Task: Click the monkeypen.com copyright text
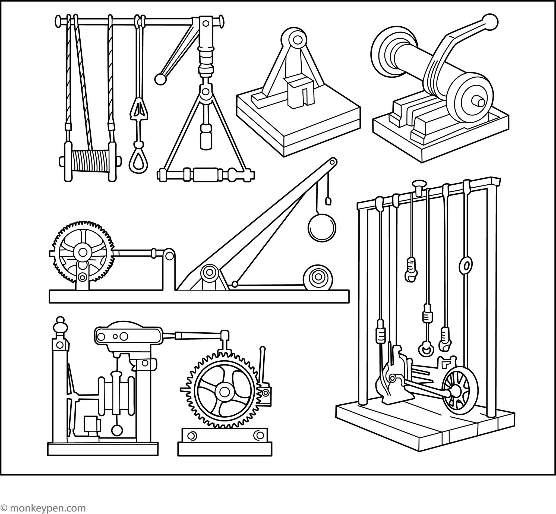pyautogui.click(x=43, y=508)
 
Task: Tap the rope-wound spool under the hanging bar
pyautogui.click(x=90, y=161)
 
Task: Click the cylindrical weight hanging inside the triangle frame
pyautogui.click(x=206, y=137)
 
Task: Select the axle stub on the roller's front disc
pyautogui.click(x=479, y=102)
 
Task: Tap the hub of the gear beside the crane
pyautogui.click(x=83, y=252)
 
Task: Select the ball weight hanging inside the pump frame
pyautogui.click(x=116, y=430)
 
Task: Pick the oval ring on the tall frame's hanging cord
pyautogui.click(x=466, y=266)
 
